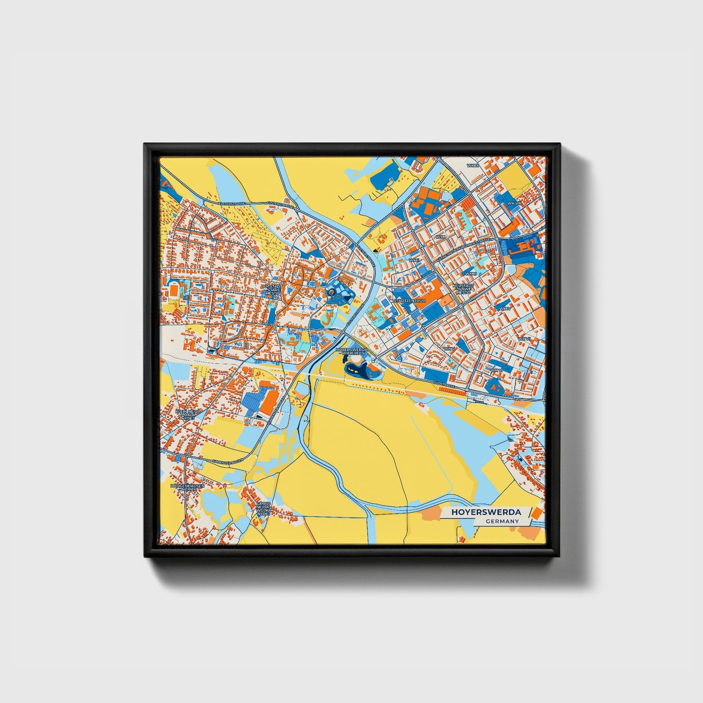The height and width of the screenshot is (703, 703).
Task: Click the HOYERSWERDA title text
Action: (x=486, y=512)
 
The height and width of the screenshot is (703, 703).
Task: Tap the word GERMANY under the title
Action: (x=502, y=521)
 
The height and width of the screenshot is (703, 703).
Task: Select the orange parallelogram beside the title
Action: (x=536, y=513)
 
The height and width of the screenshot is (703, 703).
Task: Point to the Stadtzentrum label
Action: (x=411, y=301)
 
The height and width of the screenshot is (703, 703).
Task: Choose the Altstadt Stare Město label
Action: (x=272, y=290)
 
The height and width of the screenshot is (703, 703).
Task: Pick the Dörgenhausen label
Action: (x=187, y=487)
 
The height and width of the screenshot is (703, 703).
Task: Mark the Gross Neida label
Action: (x=264, y=508)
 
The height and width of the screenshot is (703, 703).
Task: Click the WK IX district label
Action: (x=473, y=166)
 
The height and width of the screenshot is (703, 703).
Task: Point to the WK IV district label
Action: (x=505, y=308)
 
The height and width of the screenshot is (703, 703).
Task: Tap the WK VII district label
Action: (x=523, y=339)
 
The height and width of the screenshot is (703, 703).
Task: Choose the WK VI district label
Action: (x=496, y=370)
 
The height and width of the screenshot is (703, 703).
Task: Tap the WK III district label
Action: (x=470, y=273)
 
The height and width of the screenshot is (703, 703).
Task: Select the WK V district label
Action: (x=449, y=349)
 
